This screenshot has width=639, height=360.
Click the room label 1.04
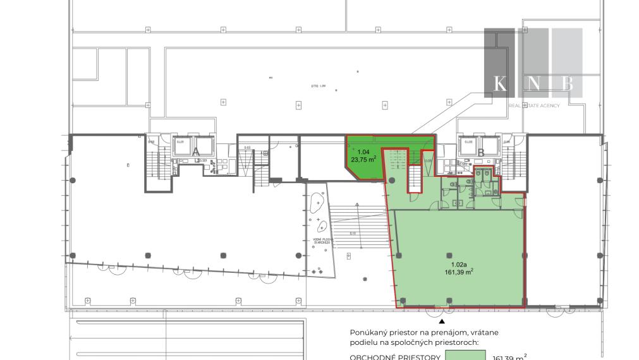363,152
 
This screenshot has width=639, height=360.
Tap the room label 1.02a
459,264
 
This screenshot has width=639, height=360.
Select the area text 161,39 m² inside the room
459,272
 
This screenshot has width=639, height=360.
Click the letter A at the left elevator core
196,152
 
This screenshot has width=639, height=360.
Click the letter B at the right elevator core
481,152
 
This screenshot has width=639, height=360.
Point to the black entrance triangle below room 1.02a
442,320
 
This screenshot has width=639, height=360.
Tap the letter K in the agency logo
499,83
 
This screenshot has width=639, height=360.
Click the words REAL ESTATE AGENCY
534,105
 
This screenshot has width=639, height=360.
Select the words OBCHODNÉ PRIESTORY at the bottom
395,356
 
